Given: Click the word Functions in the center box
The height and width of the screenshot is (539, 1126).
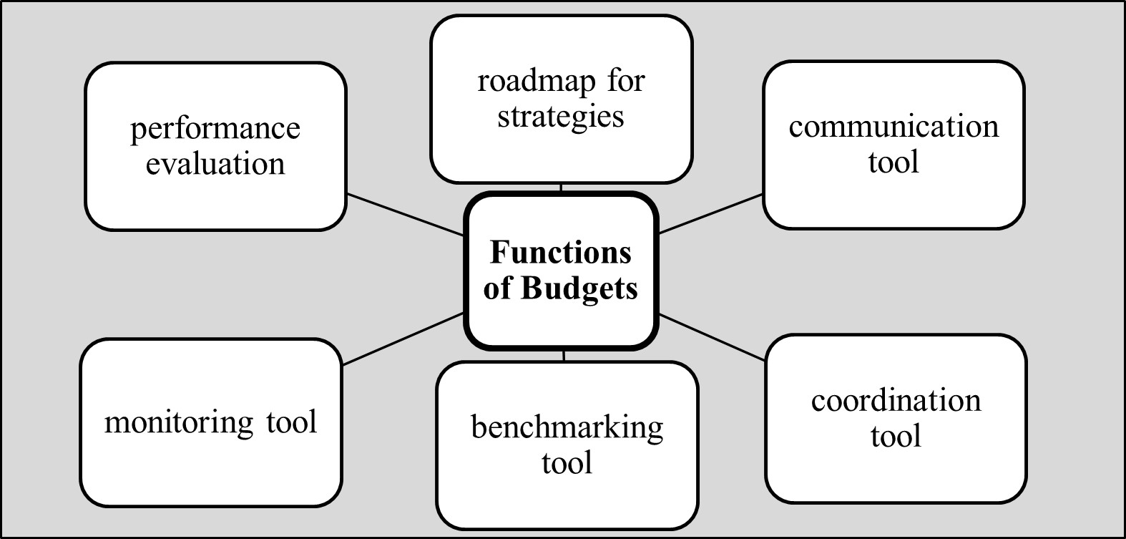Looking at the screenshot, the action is point(560,252).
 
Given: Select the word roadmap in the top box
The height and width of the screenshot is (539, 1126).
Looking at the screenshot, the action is point(536,82).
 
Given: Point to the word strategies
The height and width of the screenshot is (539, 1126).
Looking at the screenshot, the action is point(560,117).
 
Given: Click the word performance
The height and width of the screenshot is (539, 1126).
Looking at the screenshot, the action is point(215,130).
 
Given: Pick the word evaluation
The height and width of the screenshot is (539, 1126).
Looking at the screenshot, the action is point(215,164).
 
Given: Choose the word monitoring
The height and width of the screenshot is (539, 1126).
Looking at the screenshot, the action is point(178,423).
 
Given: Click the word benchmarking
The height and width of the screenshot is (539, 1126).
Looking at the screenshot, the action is point(567,428).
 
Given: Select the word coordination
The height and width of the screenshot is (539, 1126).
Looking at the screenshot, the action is point(896,401).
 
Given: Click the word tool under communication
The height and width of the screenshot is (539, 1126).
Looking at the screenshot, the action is point(894,162).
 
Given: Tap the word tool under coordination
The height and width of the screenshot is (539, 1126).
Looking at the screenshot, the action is point(896,436).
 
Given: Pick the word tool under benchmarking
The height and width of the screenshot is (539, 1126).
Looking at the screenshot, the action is point(567,463).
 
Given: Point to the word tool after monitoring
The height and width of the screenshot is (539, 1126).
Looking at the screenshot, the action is point(292,422).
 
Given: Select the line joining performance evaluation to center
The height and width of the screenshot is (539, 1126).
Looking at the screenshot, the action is point(405,215).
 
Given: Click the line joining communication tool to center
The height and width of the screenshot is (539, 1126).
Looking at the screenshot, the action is point(710,214).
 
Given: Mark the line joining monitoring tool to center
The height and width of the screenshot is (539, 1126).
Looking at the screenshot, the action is point(403,339).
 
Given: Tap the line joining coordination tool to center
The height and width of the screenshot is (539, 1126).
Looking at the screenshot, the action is point(712,337).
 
